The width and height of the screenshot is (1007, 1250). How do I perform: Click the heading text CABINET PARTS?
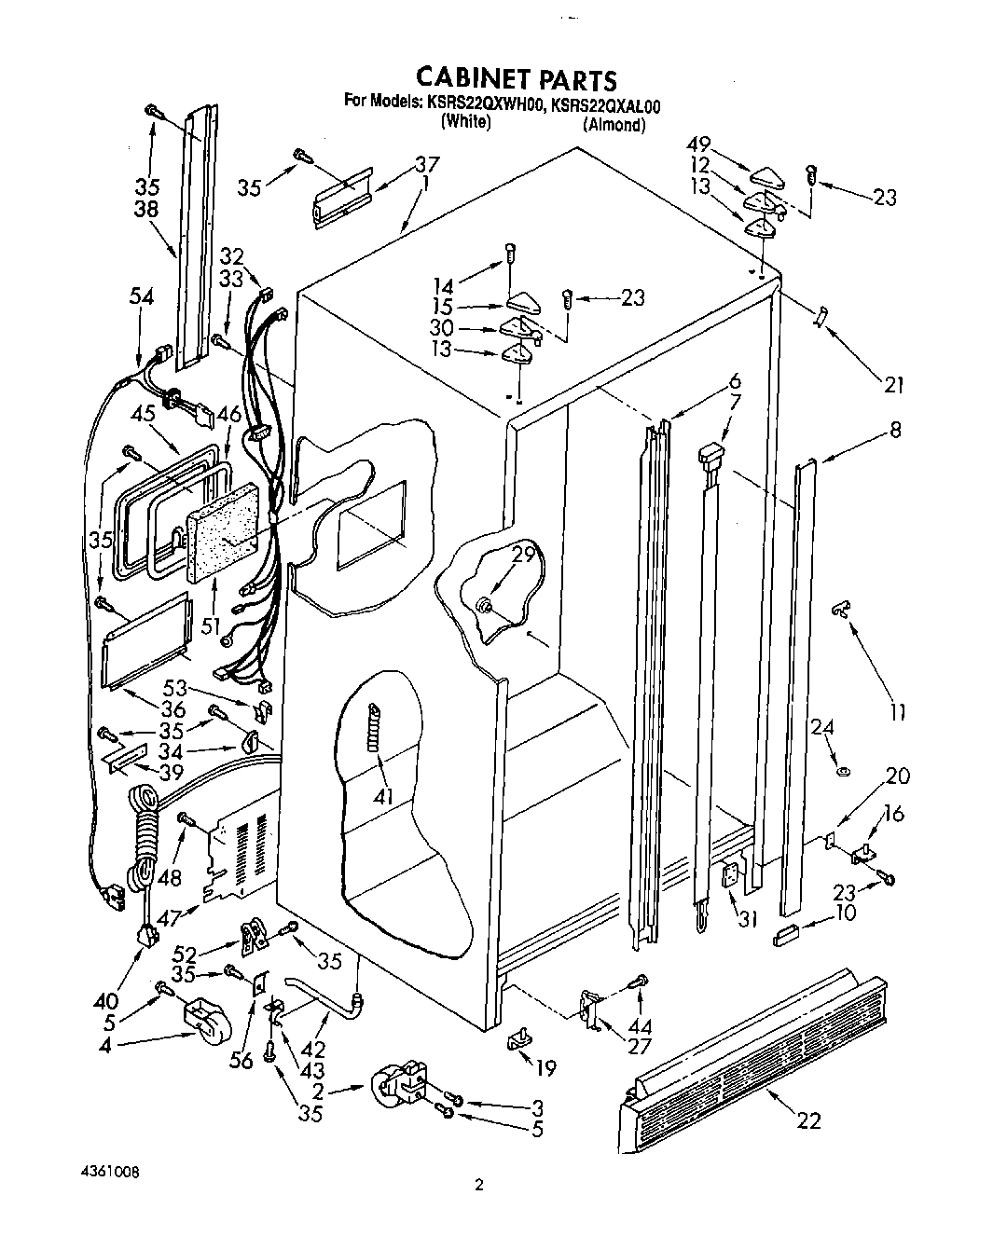(515, 78)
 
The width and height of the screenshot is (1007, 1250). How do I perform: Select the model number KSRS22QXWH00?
(483, 105)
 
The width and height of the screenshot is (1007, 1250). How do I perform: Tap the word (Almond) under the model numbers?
(614, 125)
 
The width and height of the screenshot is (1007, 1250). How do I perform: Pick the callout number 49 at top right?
(699, 144)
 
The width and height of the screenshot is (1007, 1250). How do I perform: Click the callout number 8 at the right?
(895, 430)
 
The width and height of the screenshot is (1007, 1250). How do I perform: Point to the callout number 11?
(897, 713)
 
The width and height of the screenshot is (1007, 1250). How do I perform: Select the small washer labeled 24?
(843, 771)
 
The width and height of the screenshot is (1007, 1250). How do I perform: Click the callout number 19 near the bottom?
(545, 1068)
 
